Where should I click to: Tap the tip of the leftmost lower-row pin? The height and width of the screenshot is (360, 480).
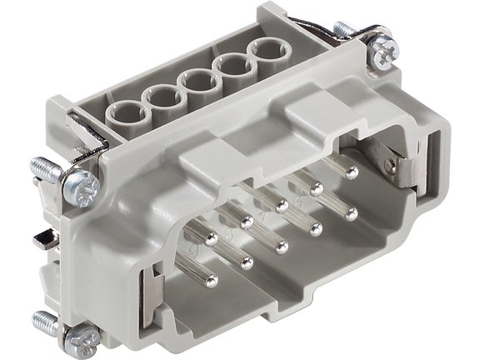(x=211, y=281)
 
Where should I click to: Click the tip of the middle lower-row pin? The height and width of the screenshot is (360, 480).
(x=282, y=246)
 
